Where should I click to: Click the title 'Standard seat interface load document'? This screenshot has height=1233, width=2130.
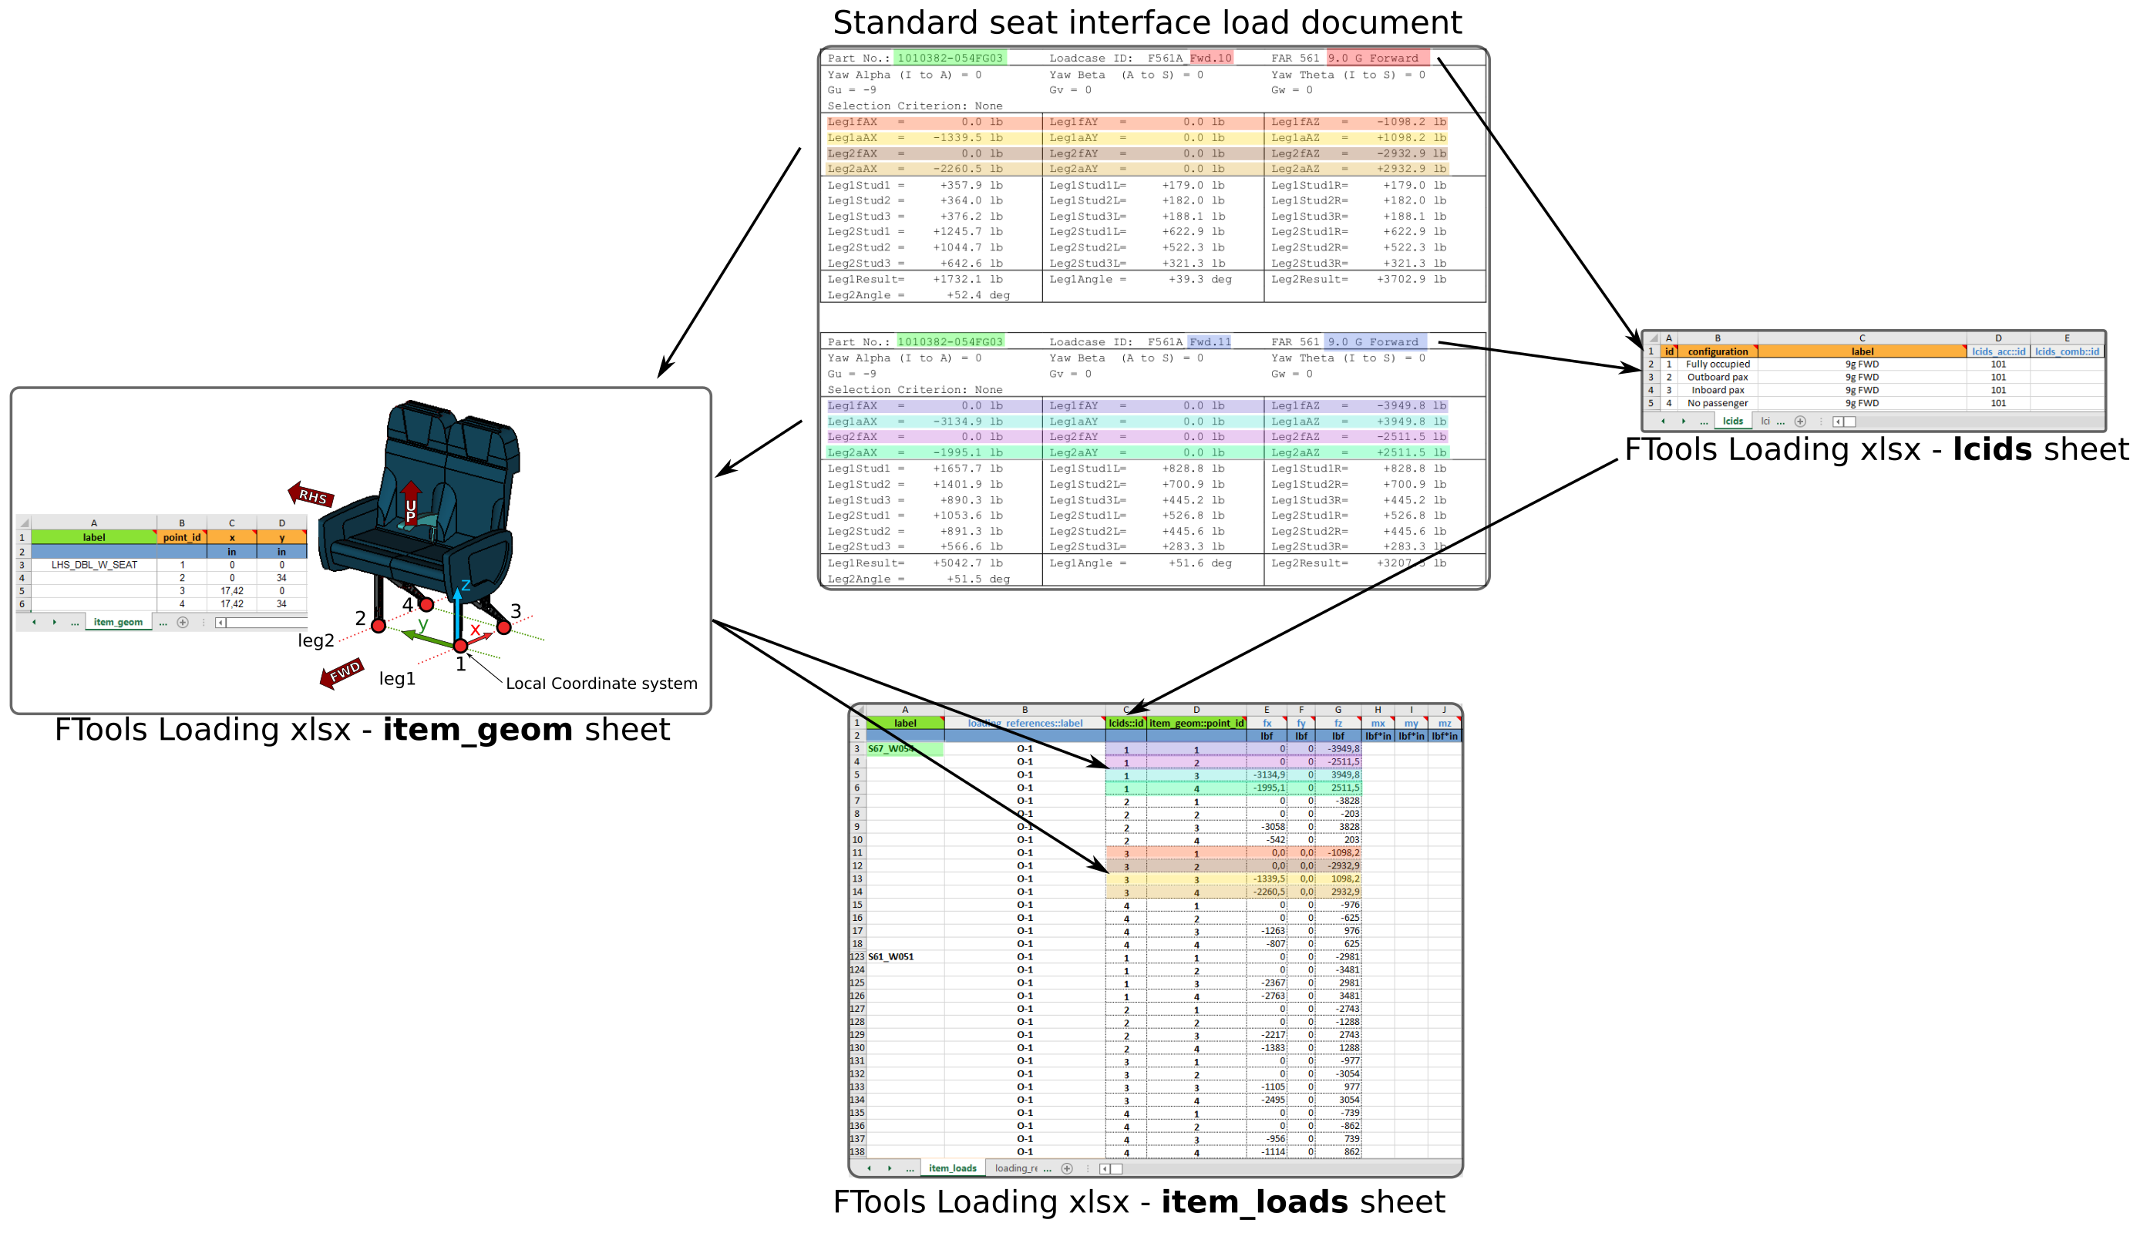tap(1147, 22)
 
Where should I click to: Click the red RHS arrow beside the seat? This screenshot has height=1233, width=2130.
tap(311, 496)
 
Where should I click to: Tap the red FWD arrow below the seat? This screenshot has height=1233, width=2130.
tap(342, 673)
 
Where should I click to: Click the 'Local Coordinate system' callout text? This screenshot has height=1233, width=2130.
tap(601, 683)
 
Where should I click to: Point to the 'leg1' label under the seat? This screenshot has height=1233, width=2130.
tap(396, 679)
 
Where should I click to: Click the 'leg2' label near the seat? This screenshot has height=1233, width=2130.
tap(315, 640)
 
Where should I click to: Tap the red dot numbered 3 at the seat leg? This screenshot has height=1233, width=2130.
tap(503, 627)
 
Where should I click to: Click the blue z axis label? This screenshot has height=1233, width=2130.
tap(466, 586)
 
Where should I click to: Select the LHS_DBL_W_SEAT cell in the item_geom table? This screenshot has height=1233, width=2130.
tap(94, 565)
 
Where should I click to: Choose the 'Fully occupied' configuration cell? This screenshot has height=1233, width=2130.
tap(1718, 365)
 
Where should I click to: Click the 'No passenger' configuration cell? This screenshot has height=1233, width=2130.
tap(1718, 403)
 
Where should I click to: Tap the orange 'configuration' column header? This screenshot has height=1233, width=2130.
tap(1718, 351)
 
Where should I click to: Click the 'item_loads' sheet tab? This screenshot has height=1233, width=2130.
tap(952, 1168)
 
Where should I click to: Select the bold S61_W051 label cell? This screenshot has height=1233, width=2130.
tap(891, 956)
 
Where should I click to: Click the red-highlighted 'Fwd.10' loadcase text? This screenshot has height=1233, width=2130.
tap(1210, 59)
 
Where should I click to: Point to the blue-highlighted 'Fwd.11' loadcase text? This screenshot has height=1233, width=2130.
tap(1210, 342)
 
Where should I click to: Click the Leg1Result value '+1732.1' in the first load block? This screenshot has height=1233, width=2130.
tap(956, 280)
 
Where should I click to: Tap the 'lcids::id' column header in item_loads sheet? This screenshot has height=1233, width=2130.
tap(1125, 724)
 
